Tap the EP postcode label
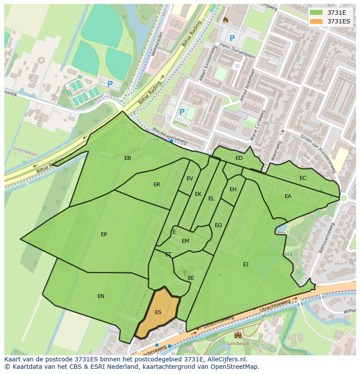click(x=104, y=235)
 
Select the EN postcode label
click(x=101, y=296)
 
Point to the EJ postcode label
click(x=246, y=264)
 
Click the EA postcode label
click(x=288, y=196)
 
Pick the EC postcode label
click(x=303, y=178)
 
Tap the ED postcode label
click(x=239, y=158)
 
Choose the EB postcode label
click(x=127, y=158)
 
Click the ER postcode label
click(x=157, y=185)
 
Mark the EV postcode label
click(x=190, y=179)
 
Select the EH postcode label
click(x=233, y=189)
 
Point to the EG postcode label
click(x=218, y=225)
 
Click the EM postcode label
click(x=185, y=241)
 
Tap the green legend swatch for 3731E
click(x=317, y=13)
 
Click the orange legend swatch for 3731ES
click(x=317, y=21)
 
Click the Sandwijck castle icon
click(x=238, y=335)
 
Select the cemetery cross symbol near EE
click(x=184, y=272)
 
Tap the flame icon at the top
click(x=225, y=20)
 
